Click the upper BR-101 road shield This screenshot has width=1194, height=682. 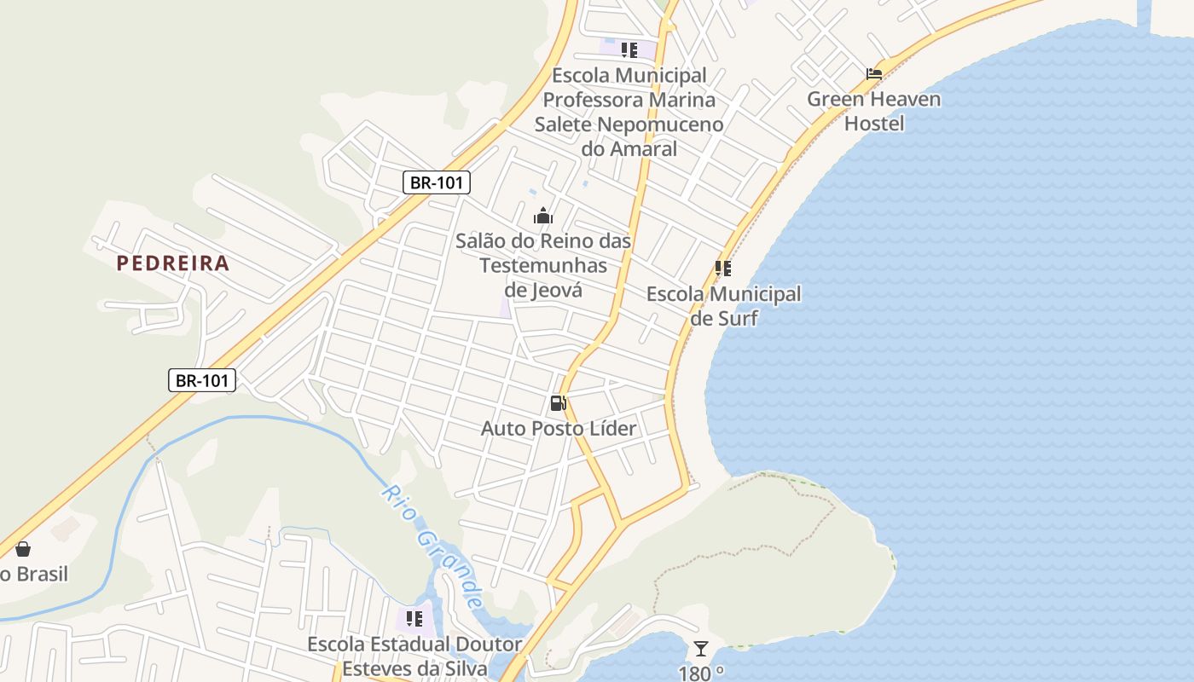pyautogui.click(x=436, y=182)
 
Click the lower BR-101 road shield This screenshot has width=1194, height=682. pyautogui.click(x=201, y=380)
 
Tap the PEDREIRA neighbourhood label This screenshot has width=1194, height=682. pyautogui.click(x=173, y=263)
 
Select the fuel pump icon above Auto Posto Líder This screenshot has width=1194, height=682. pyautogui.click(x=559, y=403)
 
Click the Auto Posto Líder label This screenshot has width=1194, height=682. pyautogui.click(x=559, y=428)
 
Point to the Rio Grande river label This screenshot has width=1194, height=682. pyautogui.click(x=432, y=546)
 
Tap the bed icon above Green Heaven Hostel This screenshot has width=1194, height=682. pyautogui.click(x=874, y=74)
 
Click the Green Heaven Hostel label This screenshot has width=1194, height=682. pyautogui.click(x=874, y=111)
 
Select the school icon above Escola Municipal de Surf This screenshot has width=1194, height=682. pyautogui.click(x=723, y=269)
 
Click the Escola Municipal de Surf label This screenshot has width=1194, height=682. pyautogui.click(x=723, y=306)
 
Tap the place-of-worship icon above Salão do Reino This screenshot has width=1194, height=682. pyautogui.click(x=543, y=217)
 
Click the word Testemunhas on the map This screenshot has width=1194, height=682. pyautogui.click(x=543, y=265)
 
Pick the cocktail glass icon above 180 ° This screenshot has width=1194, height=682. pyautogui.click(x=701, y=649)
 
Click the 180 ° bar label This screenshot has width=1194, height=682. pyautogui.click(x=701, y=673)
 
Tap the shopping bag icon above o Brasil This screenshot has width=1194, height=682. pyautogui.click(x=23, y=550)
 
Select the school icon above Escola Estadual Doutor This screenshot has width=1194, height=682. pyautogui.click(x=414, y=618)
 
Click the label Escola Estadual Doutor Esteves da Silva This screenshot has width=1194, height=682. pyautogui.click(x=414, y=656)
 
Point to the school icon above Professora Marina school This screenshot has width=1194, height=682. pyautogui.click(x=629, y=50)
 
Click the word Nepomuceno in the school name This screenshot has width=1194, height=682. pyautogui.click(x=659, y=124)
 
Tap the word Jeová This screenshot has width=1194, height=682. pyautogui.click(x=543, y=290)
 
